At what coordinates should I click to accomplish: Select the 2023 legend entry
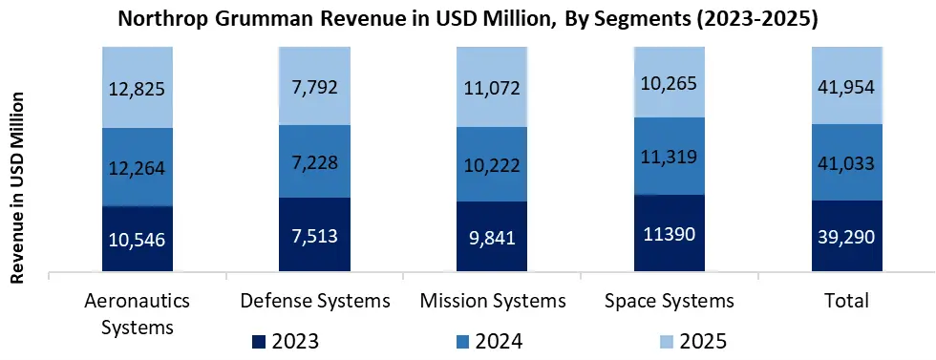tap(286, 341)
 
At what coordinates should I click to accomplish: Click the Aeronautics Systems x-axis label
tap(137, 313)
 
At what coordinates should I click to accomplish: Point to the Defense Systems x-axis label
tap(314, 302)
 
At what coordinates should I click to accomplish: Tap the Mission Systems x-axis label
tap(492, 302)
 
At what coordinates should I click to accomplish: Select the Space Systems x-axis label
tap(670, 302)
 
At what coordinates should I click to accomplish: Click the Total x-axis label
tap(846, 302)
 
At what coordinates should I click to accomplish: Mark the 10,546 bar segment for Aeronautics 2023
tap(137, 240)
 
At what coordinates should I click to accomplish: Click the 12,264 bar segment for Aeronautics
tap(137, 167)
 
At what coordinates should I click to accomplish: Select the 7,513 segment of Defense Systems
tap(314, 236)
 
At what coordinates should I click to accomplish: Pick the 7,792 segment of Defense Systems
tap(314, 85)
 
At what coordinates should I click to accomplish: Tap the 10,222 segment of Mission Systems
tap(492, 164)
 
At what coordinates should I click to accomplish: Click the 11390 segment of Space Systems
tap(670, 235)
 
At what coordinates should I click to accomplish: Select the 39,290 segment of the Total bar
tap(846, 237)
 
